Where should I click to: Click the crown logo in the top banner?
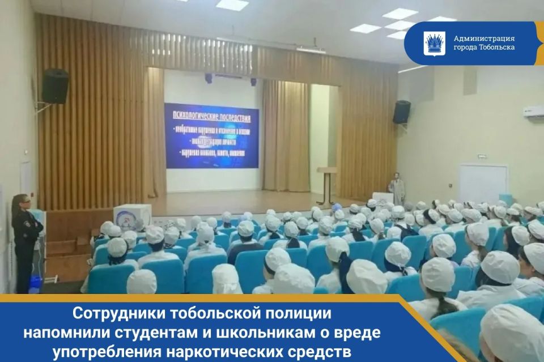click(434, 43)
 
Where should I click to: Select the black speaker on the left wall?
click(56, 86)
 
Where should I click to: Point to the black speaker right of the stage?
click(401, 112)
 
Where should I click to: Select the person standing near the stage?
click(397, 188)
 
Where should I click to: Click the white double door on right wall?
click(482, 184)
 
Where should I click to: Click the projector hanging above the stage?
click(311, 49)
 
